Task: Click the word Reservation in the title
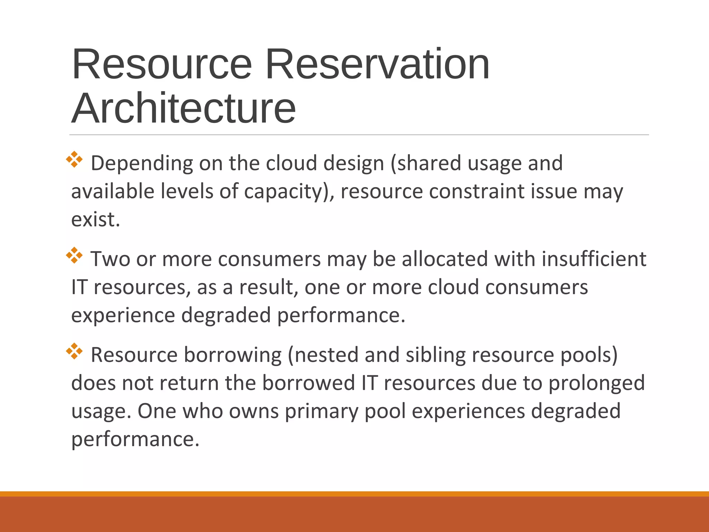pyautogui.click(x=377, y=64)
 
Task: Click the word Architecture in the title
pyautogui.click(x=183, y=108)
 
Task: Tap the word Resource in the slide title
pyautogui.click(x=162, y=64)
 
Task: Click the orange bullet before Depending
pyautogui.click(x=74, y=160)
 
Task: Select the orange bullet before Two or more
pyautogui.click(x=74, y=256)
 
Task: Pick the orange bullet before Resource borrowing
pyautogui.click(x=74, y=351)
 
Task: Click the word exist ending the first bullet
pyautogui.click(x=95, y=220)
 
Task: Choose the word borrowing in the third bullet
pyautogui.click(x=233, y=355)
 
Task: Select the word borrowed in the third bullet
pyautogui.click(x=308, y=383)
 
